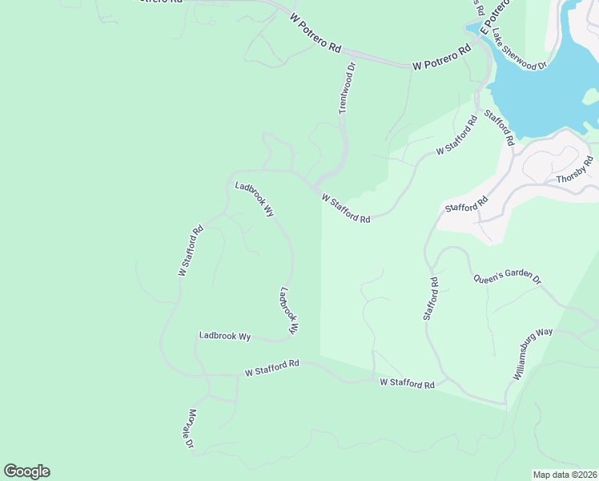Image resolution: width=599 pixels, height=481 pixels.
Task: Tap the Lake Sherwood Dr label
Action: [x=519, y=51]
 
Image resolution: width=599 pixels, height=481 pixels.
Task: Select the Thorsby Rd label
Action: [x=575, y=169]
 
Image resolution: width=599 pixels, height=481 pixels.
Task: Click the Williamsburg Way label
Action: [x=530, y=354]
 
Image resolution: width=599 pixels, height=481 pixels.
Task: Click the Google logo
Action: [x=26, y=471]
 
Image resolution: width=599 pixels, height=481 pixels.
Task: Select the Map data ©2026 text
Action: [x=565, y=475]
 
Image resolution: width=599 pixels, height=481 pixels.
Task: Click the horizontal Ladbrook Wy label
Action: [x=225, y=336]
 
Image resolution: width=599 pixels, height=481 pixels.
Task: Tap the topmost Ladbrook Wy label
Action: [x=255, y=200]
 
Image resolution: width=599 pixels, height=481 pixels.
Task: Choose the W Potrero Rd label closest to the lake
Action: [x=441, y=61]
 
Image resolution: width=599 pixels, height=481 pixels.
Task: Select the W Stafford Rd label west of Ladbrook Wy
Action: [x=191, y=251]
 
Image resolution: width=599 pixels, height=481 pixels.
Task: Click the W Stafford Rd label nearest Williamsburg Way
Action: [x=407, y=384]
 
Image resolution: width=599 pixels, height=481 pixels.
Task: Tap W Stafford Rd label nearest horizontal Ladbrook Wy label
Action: [x=271, y=368]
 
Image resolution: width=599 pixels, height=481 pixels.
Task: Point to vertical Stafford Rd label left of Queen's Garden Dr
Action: [x=431, y=299]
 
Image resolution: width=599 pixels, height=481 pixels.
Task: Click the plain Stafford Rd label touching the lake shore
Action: [x=497, y=129]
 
